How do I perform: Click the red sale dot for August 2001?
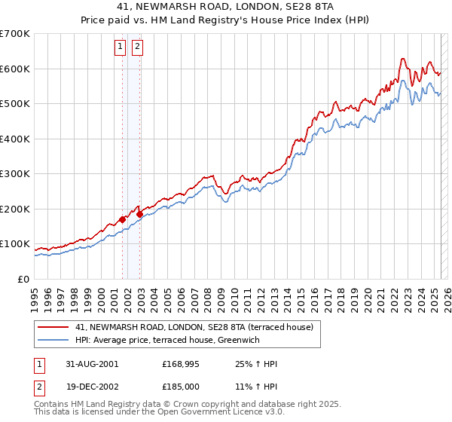(123, 220)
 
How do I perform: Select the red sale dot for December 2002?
(140, 214)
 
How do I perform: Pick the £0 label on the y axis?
(24, 279)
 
